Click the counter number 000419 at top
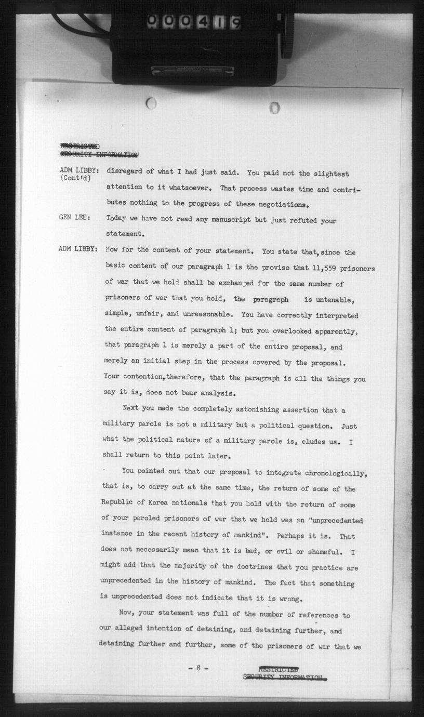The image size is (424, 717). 194,22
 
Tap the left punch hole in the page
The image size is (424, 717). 151,103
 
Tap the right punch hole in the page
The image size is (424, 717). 275,108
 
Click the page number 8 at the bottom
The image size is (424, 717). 198,668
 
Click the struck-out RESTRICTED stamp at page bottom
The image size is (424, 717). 278,669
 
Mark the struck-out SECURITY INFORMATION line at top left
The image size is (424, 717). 99,154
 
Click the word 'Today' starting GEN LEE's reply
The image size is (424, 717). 117,220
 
